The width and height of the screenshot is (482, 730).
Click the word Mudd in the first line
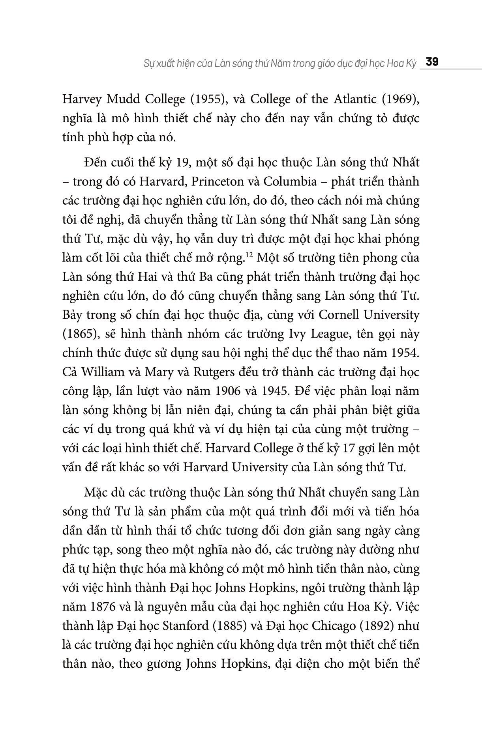click(x=125, y=99)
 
